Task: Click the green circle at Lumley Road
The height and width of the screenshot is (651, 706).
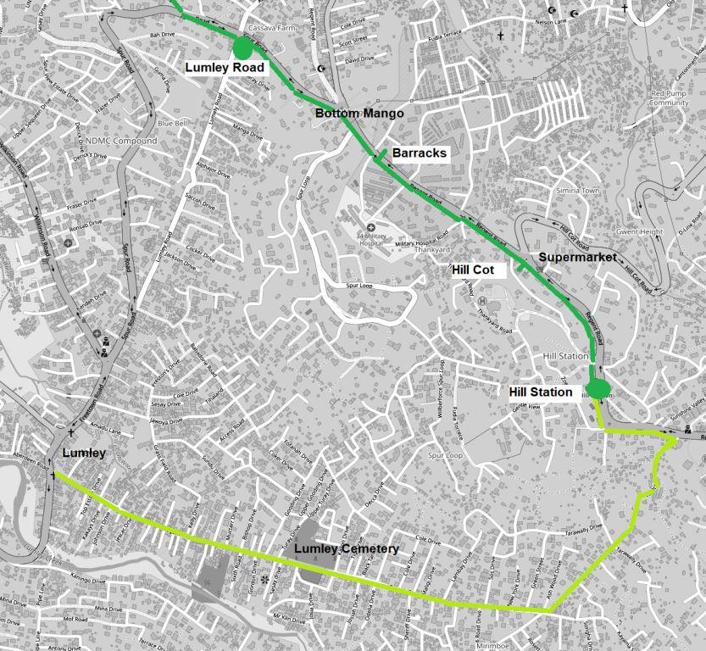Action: (x=242, y=47)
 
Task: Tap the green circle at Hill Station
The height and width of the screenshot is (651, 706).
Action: (x=598, y=390)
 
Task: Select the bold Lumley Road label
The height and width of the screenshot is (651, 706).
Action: (x=226, y=68)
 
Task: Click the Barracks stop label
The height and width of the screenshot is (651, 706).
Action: (x=419, y=153)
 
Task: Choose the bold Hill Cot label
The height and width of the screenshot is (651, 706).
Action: (x=478, y=270)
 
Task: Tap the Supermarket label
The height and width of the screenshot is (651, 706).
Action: (x=577, y=257)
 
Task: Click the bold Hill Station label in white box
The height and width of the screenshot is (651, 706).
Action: (x=542, y=392)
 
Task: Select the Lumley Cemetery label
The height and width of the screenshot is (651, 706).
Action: (x=346, y=549)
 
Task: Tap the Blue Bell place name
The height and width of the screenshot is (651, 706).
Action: (x=172, y=123)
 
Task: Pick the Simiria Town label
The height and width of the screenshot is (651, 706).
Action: (x=577, y=191)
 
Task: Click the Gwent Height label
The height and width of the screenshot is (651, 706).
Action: (x=639, y=231)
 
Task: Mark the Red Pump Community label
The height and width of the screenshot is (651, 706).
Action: (x=669, y=97)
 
